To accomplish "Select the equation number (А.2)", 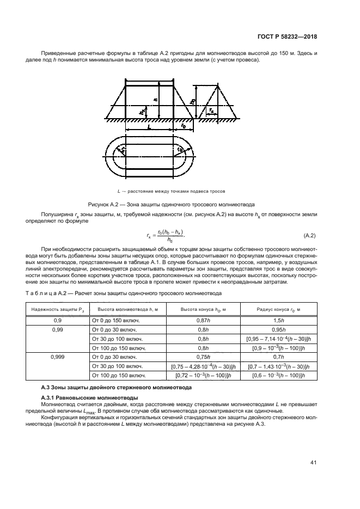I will pyautogui.click(x=310, y=235).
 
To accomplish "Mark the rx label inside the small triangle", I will pyautogui.click(x=211, y=110).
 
